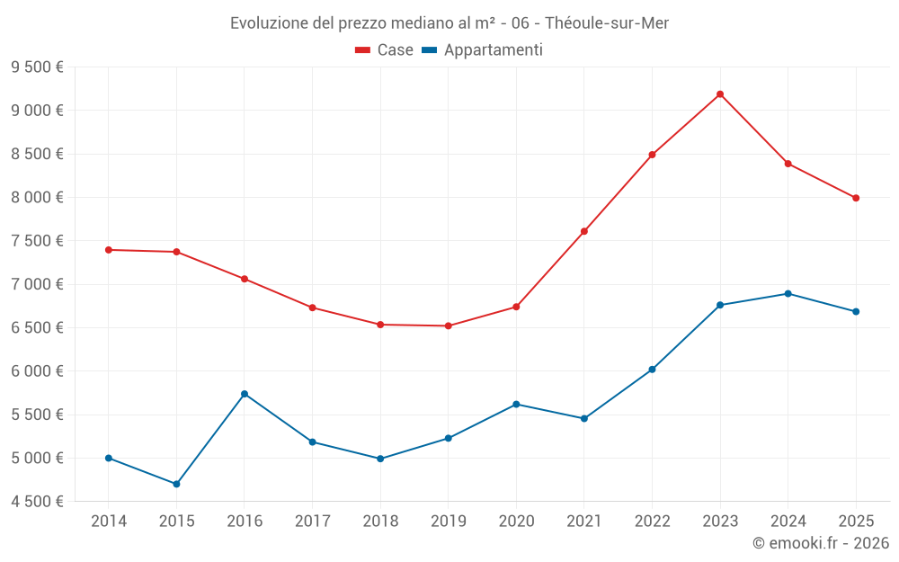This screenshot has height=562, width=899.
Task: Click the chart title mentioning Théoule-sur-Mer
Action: (449, 22)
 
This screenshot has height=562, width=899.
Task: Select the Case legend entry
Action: (384, 50)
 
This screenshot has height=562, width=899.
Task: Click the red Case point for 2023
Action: (720, 94)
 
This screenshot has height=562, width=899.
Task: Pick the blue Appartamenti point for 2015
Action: (176, 484)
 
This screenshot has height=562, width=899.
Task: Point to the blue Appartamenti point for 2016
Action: (245, 394)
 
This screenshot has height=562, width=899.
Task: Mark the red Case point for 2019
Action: (449, 326)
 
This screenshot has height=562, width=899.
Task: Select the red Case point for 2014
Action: (109, 250)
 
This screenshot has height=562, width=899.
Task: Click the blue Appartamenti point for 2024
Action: (788, 293)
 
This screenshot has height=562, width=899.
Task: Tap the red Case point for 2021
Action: (584, 231)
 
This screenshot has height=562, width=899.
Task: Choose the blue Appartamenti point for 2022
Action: (652, 370)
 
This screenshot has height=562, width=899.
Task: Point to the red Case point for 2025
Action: (856, 198)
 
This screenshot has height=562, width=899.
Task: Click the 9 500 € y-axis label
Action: (37, 67)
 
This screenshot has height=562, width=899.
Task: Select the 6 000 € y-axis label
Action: (37, 371)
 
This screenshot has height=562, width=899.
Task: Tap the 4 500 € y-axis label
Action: (37, 502)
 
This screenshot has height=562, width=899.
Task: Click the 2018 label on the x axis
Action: (380, 521)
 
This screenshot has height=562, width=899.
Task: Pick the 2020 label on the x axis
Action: (516, 521)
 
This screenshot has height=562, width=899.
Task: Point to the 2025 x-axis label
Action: (856, 521)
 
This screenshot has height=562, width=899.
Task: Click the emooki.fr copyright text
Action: (820, 543)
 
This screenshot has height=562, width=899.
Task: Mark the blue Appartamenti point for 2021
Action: (584, 418)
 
